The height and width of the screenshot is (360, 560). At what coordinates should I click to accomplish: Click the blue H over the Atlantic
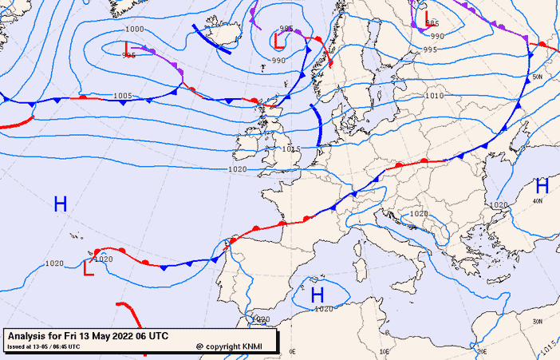[60, 204]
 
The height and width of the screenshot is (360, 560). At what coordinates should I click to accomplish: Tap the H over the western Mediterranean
[318, 295]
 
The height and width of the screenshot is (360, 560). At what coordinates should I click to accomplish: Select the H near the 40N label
[542, 186]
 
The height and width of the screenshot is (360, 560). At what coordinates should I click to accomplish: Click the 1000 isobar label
[135, 30]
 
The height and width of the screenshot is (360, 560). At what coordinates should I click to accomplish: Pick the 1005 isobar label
[122, 96]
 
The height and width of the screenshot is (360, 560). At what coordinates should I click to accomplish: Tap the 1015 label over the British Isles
[291, 149]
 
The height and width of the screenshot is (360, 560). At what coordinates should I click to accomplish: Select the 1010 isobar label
[434, 96]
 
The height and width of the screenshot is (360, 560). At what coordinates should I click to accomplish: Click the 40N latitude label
[538, 202]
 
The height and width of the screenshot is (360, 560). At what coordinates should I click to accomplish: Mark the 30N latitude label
[540, 321]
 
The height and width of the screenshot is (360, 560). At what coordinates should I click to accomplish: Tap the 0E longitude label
[292, 351]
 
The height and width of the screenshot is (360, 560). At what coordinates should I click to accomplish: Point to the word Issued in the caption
[17, 347]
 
